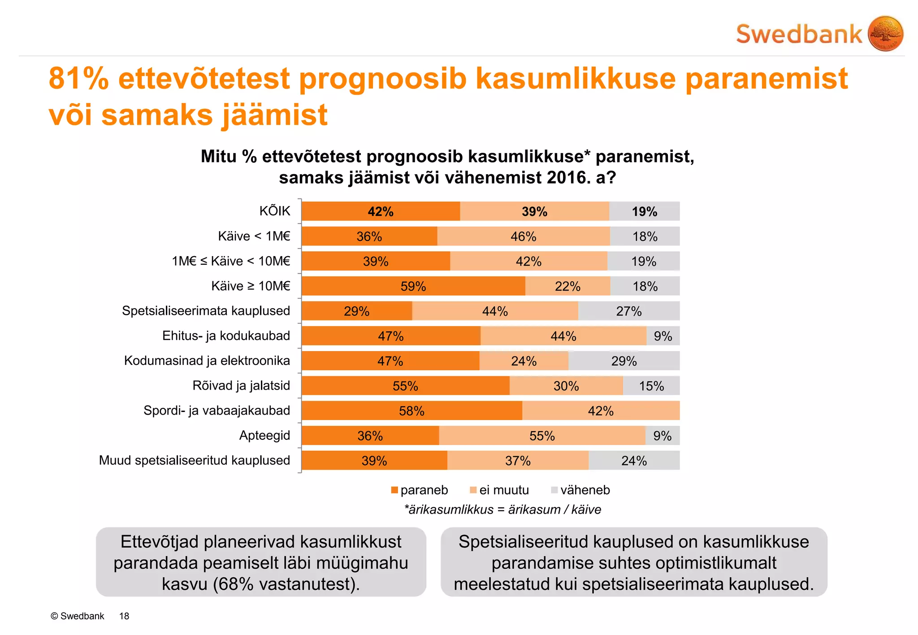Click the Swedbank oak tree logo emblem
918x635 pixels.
[x=885, y=34]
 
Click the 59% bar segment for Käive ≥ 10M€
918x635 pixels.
[x=413, y=286]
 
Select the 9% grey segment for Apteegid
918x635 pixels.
[x=663, y=436]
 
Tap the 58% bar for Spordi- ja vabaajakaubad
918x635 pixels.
[x=411, y=411]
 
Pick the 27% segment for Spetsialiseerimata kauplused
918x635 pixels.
[x=628, y=311]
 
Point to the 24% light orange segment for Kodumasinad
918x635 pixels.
[x=524, y=361]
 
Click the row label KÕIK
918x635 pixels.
[x=275, y=211]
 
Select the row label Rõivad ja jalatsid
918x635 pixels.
[x=241, y=386]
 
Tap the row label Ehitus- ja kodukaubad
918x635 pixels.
[x=226, y=336]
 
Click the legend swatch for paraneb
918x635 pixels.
[x=394, y=490]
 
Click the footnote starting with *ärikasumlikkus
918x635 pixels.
[x=502, y=510]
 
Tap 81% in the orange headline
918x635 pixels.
[x=79, y=79]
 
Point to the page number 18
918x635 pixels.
[x=124, y=616]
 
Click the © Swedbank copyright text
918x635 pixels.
[x=77, y=616]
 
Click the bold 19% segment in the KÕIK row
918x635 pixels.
[x=644, y=211]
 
